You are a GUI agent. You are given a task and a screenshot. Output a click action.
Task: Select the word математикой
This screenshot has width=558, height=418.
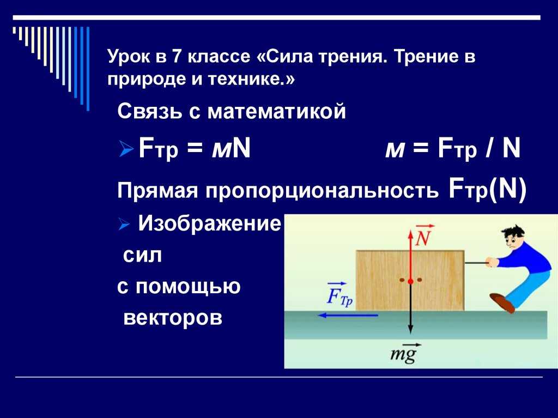click(x=276, y=111)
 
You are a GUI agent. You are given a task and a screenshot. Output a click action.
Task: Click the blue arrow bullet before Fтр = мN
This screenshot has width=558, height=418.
click(x=126, y=149)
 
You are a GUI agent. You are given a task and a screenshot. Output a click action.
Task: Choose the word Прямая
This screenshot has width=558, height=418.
click(x=157, y=191)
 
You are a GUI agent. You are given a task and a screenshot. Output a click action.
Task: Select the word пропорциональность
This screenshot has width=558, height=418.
click(x=322, y=191)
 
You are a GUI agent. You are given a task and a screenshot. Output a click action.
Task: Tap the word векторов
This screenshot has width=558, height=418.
click(x=173, y=317)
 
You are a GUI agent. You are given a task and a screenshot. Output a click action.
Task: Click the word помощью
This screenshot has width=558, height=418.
click(x=187, y=287)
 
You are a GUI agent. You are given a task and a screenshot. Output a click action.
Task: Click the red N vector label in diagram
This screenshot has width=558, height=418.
click(x=423, y=236)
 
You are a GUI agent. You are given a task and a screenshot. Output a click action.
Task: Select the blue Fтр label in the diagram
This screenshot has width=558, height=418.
click(x=339, y=295)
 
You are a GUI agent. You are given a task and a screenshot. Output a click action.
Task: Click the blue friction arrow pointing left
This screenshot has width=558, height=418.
click(x=348, y=316)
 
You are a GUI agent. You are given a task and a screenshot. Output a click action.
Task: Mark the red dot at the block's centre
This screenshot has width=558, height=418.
click(x=410, y=281)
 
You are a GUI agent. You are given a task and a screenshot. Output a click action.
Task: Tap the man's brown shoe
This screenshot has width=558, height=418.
click(x=502, y=302)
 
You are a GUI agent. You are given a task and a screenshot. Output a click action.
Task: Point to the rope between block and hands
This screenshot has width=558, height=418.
click(x=476, y=263)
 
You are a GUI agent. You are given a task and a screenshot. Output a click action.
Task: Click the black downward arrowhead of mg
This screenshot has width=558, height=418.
click(x=410, y=330)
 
